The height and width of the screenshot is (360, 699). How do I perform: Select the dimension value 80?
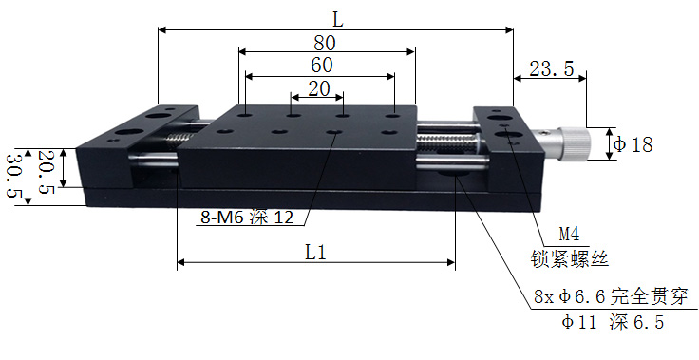[327, 42]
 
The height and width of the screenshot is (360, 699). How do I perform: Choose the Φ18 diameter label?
[633, 145]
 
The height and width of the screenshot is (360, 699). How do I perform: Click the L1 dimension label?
[316, 253]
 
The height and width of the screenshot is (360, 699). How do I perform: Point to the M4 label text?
[568, 234]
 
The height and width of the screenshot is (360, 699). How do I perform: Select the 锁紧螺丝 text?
[568, 256]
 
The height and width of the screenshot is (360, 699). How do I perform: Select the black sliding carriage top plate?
[313, 133]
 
